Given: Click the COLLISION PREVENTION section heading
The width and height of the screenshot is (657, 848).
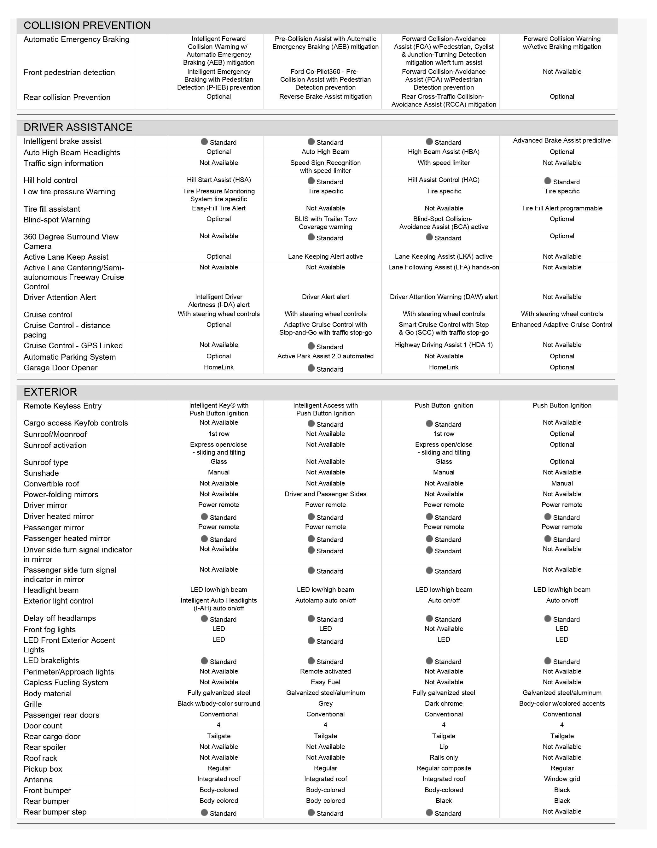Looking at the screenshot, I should tap(87, 26).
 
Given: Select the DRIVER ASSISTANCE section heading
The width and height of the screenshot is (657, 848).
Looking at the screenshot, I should tap(78, 127).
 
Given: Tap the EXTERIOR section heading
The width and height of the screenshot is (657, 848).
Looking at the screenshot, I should tap(50, 392).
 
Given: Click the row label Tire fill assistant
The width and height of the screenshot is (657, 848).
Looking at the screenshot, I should tap(52, 209).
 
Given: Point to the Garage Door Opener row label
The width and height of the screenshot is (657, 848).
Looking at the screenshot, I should tap(60, 368).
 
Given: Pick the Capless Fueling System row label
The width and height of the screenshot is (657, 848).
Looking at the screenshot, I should tap(66, 683).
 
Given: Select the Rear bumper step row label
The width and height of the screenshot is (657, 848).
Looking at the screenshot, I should tap(55, 812).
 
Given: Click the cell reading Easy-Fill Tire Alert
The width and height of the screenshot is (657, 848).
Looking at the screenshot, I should tap(218, 208).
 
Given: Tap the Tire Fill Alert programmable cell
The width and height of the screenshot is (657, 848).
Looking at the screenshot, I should tap(561, 208).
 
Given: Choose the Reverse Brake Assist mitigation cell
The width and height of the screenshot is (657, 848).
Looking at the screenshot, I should tap(325, 96).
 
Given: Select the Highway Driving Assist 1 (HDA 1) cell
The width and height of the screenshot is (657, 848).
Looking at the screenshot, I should tap(444, 345).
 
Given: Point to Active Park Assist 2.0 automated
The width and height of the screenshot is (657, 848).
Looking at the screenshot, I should tap(325, 356).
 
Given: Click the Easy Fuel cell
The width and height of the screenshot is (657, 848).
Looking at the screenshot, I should tap(325, 682).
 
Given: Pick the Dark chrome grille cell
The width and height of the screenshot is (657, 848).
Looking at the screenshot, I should tap(444, 703).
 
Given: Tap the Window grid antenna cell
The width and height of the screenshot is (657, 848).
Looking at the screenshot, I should tap(561, 779).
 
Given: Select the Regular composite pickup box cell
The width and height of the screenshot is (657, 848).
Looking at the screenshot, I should tap(444, 768).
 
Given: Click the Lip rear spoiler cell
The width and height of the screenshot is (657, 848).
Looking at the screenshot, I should tap(444, 747).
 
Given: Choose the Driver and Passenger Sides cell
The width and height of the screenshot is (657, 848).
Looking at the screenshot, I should tap(325, 494).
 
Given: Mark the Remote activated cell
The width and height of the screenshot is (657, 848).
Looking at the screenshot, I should tap(325, 671).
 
